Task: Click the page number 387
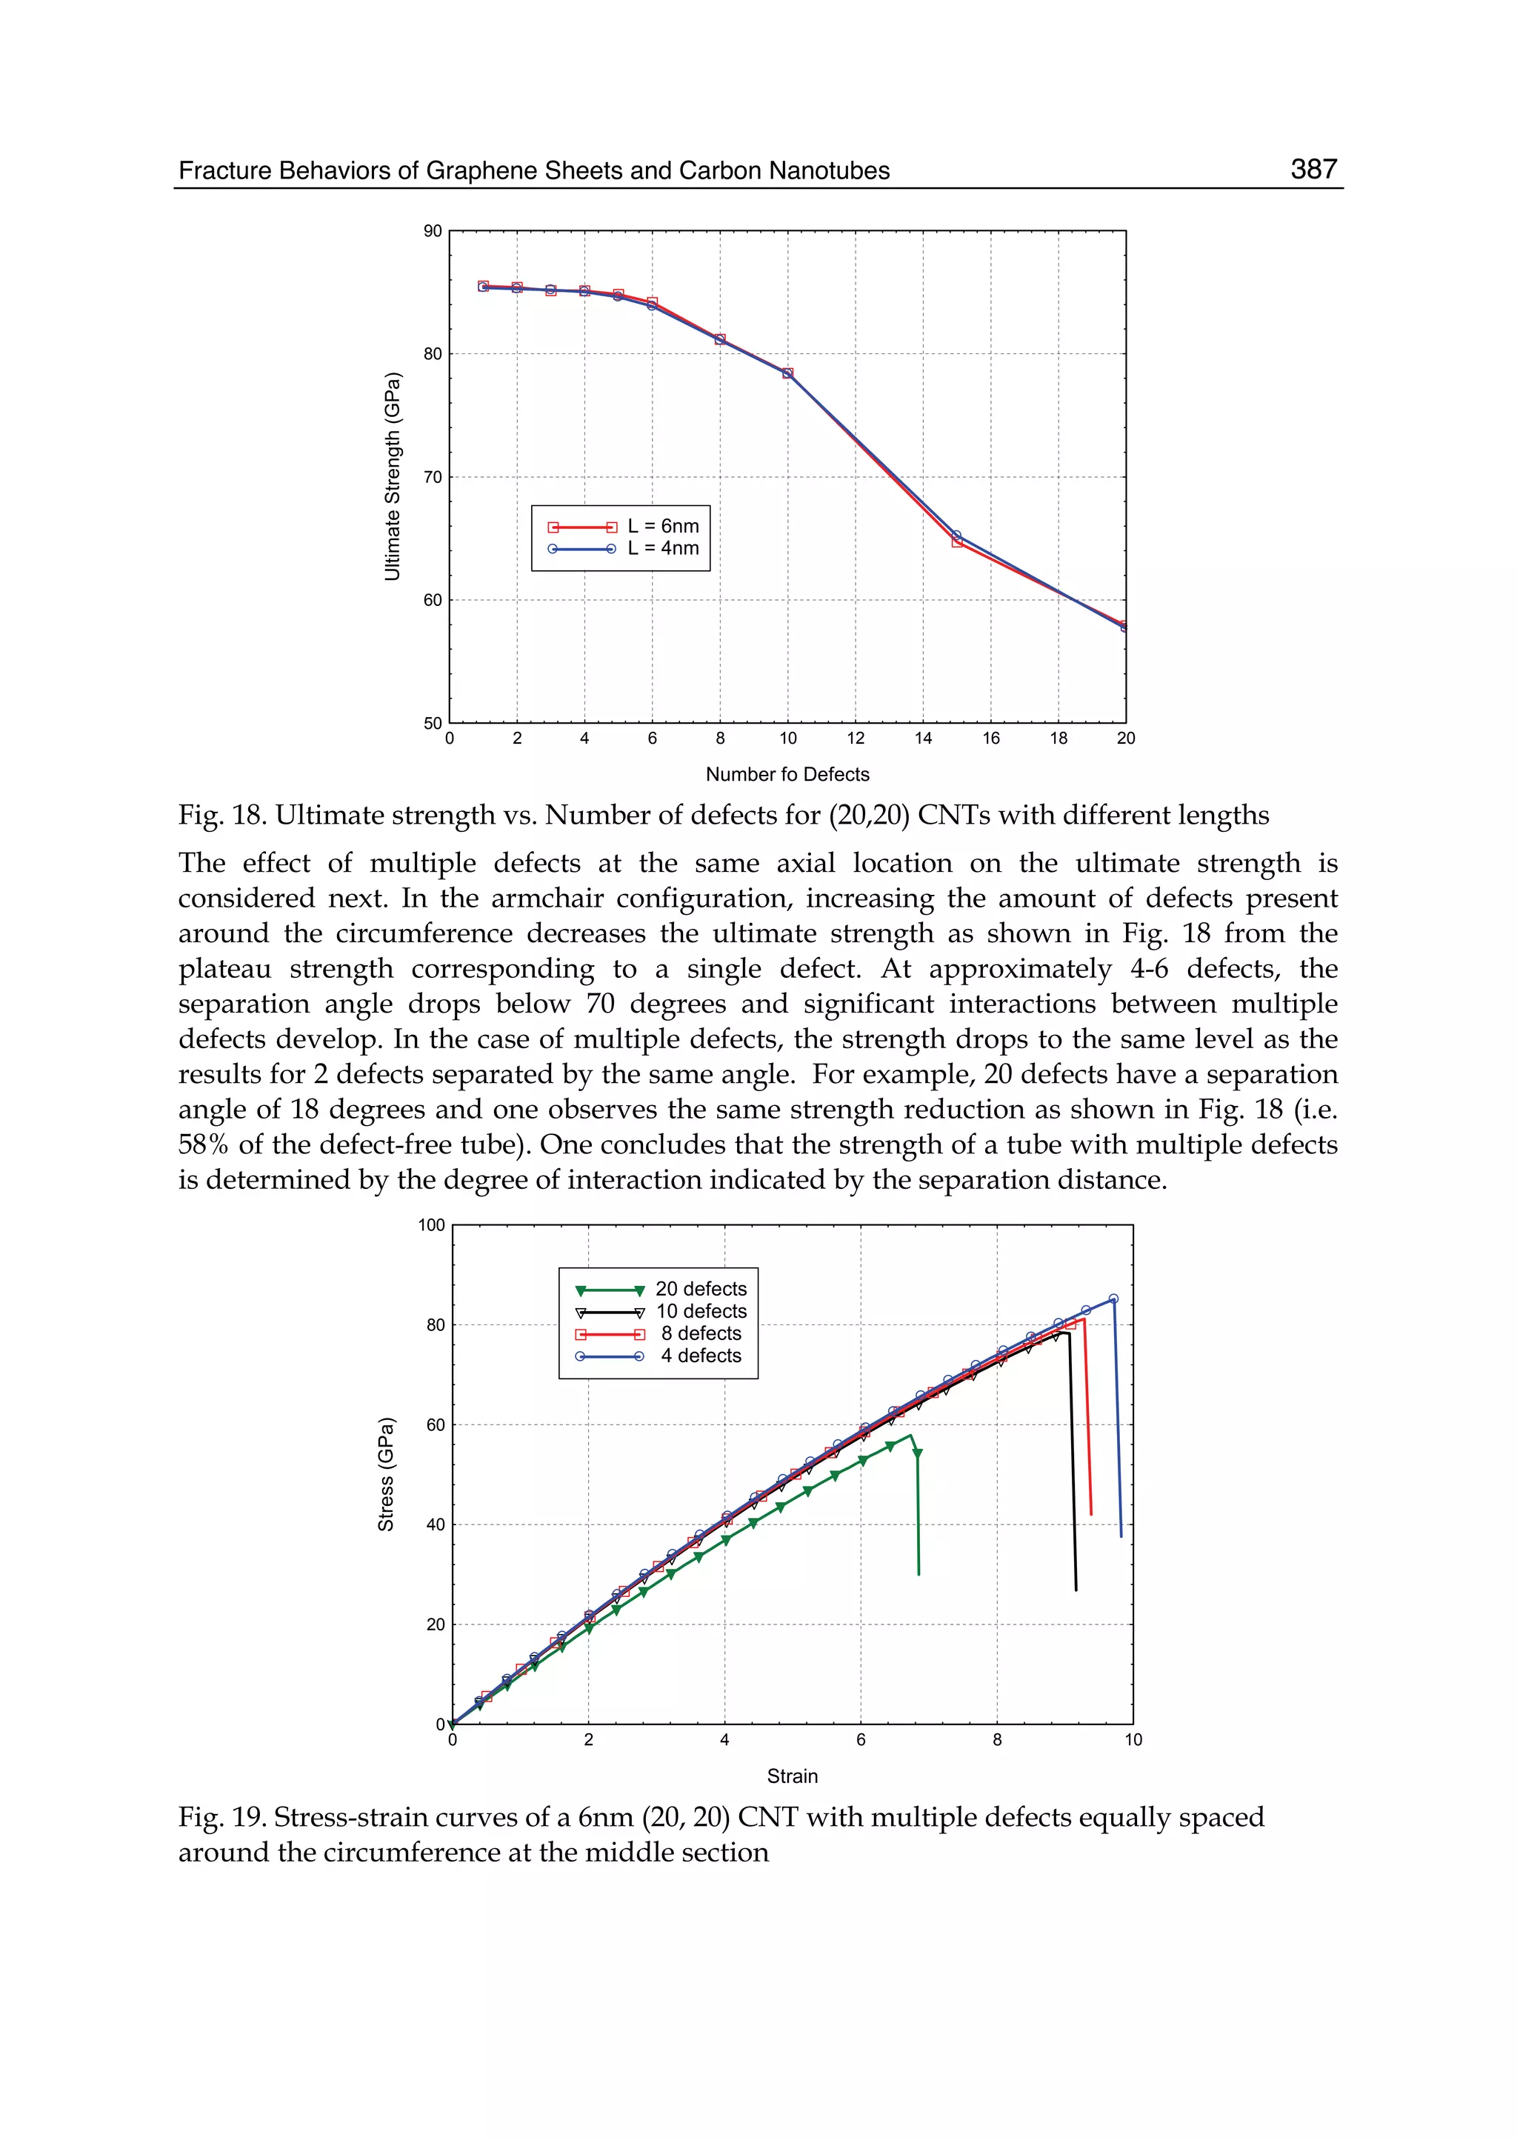tap(1313, 169)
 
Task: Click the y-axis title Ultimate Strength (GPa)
tap(393, 476)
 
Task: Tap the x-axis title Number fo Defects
tap(787, 774)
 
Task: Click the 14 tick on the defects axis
tap(923, 739)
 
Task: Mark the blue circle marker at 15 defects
tap(956, 536)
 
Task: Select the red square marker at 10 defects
tap(787, 373)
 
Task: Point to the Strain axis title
tap(792, 1776)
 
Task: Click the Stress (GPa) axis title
tap(386, 1475)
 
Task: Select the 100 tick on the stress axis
tap(432, 1225)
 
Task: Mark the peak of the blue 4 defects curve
tap(1113, 1299)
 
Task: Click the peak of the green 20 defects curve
tap(911, 1436)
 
